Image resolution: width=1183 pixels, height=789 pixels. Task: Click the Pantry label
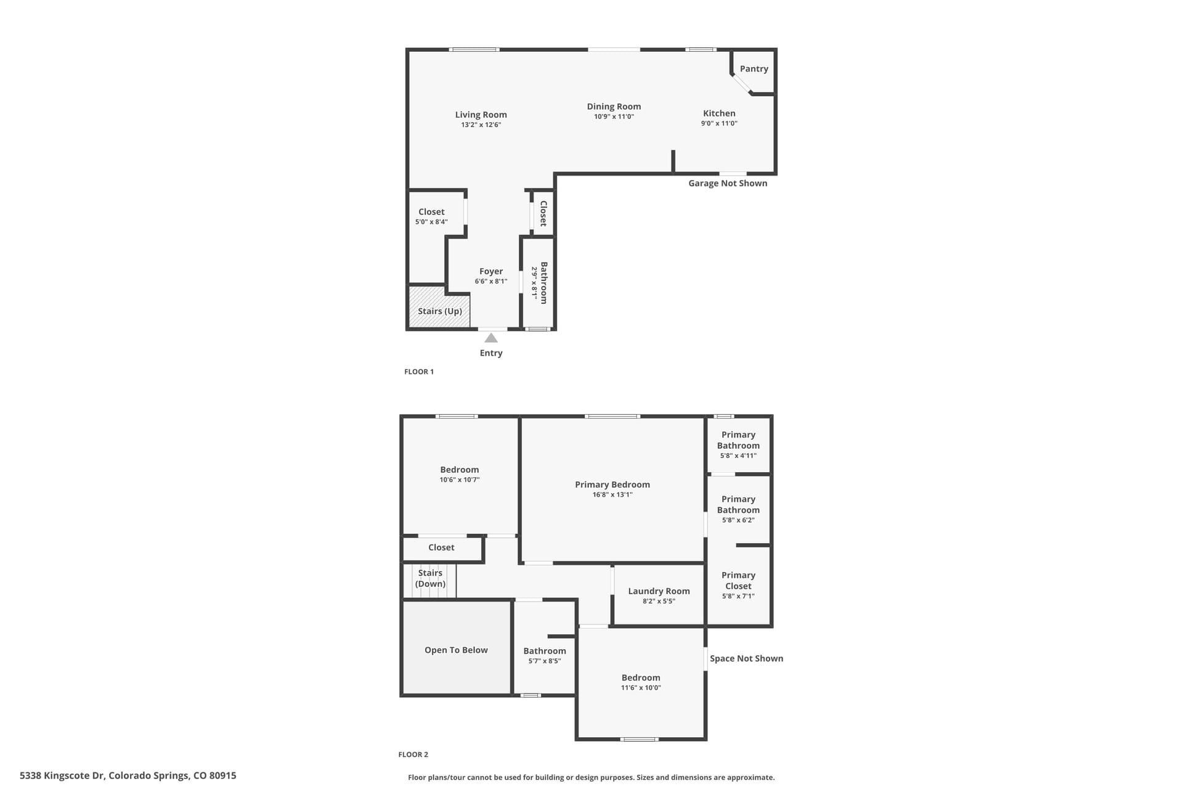(754, 69)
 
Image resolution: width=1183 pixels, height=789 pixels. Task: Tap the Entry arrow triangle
(491, 338)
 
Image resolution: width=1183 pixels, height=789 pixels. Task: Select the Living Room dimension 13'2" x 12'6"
(481, 125)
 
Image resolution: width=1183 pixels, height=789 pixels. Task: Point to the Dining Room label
(614, 107)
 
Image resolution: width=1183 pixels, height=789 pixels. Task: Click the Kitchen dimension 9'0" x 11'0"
(719, 123)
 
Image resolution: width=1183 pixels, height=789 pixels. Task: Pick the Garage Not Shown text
(728, 183)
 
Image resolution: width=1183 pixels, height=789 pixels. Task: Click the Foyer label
(491, 271)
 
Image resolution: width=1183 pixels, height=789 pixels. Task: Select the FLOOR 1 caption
(419, 372)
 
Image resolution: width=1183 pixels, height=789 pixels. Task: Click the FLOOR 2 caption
(413, 754)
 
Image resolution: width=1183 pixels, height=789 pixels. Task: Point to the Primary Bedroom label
(612, 484)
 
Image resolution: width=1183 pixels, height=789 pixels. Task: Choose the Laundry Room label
(659, 591)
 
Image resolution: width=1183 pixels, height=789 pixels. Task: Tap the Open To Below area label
(456, 650)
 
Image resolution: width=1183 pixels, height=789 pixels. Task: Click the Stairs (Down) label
(430, 578)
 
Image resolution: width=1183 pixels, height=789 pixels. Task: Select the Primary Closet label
(738, 581)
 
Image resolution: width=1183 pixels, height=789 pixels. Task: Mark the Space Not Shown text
(746, 658)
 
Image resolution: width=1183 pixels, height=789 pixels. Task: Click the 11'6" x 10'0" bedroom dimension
(641, 688)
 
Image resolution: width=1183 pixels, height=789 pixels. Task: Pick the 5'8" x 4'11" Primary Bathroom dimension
(738, 456)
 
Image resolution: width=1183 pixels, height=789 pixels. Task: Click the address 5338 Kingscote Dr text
(128, 775)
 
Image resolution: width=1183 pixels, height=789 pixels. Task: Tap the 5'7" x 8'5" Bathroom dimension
(545, 661)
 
